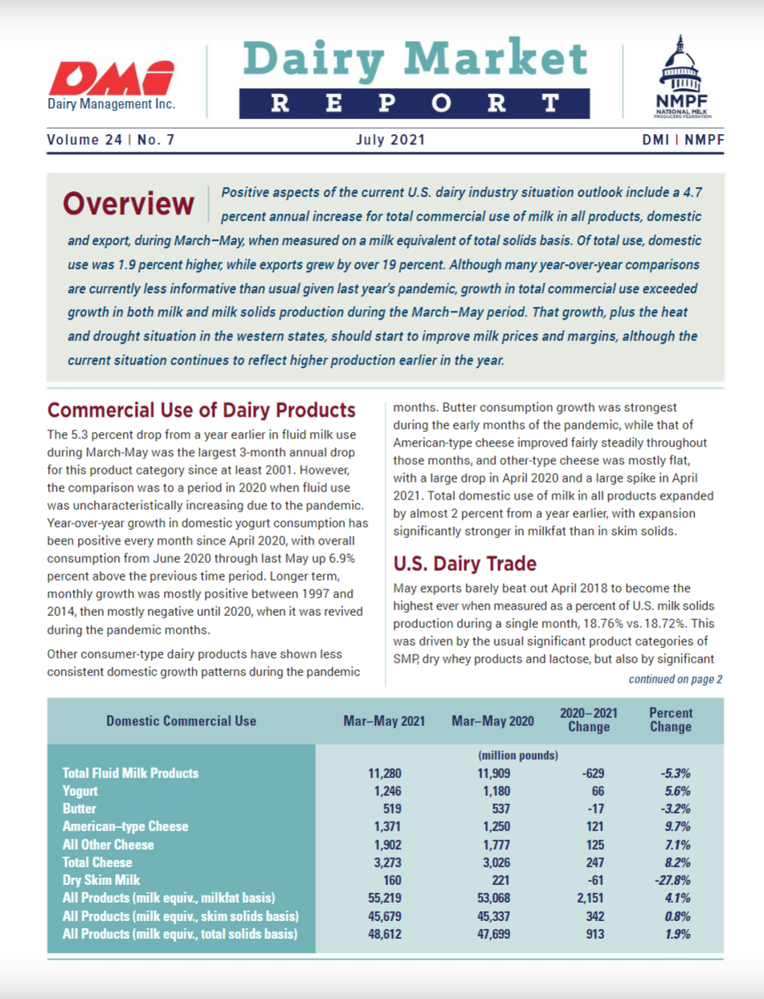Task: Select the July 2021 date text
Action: (390, 140)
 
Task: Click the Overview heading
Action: (129, 204)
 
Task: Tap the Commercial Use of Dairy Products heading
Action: (202, 410)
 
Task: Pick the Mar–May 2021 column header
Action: (384, 720)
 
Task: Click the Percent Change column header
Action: (670, 720)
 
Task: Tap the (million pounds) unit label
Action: (518, 756)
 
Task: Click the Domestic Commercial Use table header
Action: (182, 720)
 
